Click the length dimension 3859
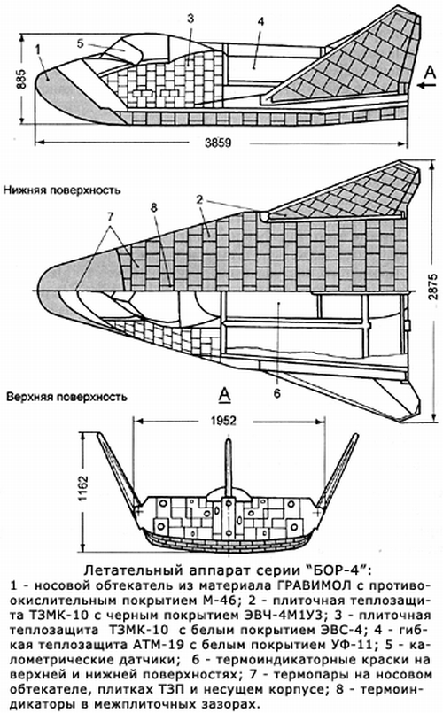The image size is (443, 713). pos(218,143)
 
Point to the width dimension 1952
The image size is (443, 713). pos(223,421)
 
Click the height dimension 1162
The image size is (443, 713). pos(83,489)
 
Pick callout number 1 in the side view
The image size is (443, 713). pos(37,49)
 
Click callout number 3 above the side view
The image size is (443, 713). pos(190,19)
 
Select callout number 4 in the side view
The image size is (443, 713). pos(260,22)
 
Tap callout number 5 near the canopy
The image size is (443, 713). pos(81,43)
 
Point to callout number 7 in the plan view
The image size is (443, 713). pos(110,218)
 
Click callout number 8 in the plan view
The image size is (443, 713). pos(154,208)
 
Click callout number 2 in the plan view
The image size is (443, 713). pos(198,200)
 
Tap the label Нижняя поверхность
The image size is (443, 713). pos(62,190)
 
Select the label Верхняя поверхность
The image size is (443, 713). pos(66,397)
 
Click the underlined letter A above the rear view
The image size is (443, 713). pos(224,395)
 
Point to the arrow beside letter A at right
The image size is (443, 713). pos(427,84)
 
